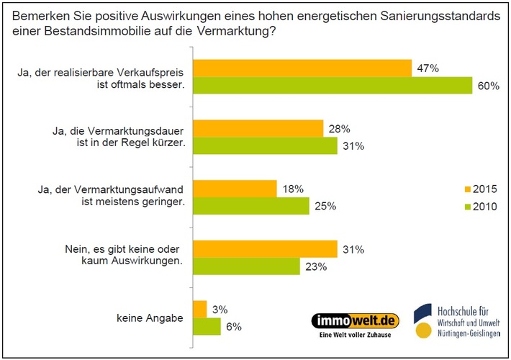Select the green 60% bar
332,86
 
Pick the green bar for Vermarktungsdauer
265,146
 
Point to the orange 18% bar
235,189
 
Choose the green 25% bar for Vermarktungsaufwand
250,207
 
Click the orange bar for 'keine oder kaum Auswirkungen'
265,249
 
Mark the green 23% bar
246,267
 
